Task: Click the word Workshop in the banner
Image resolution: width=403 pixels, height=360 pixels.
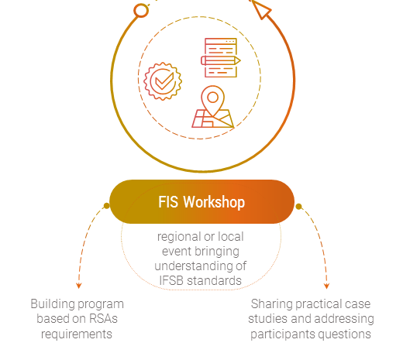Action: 214,202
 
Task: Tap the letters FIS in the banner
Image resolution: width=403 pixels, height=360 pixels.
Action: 168,202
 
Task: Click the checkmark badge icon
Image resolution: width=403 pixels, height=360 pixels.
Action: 163,81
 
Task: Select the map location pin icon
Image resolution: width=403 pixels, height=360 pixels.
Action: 213,107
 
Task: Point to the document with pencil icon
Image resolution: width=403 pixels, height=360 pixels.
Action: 221,57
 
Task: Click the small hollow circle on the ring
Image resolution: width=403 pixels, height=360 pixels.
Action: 141,11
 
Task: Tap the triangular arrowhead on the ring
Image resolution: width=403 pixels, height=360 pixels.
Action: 261,9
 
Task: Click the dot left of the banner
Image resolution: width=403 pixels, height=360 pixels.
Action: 106,206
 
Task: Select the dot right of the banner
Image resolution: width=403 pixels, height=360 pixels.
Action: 298,207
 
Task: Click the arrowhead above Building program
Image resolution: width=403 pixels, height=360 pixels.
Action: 79,286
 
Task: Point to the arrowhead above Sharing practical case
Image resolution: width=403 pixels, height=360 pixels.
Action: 326,286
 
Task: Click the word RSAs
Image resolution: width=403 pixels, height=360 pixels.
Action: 103,319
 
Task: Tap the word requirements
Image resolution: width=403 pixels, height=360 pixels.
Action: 77,334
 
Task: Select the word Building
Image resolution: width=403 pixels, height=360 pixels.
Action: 49,304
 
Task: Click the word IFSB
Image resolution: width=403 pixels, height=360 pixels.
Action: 171,281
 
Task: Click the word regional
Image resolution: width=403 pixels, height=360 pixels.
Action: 179,237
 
